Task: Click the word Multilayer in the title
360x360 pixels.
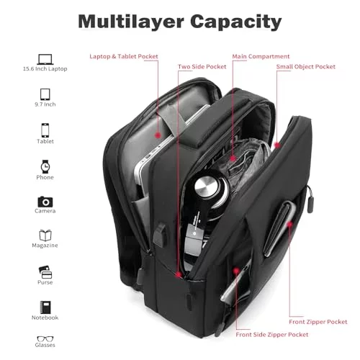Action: pos(131,22)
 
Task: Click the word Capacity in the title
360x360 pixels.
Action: pos(236,22)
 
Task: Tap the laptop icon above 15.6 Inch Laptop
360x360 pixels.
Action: pos(45,59)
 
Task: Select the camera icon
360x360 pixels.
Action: pos(45,202)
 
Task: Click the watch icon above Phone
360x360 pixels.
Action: pos(45,166)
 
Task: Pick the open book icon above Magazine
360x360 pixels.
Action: pos(45,235)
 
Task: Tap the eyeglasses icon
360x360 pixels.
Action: pos(45,339)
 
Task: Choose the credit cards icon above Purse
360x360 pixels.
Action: pos(45,272)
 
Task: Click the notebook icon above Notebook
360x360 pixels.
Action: pos(45,307)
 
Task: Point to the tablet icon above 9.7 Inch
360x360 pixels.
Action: pos(45,94)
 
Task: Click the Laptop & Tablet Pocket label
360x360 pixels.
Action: pos(124,57)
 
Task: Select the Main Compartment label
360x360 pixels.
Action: pos(261,57)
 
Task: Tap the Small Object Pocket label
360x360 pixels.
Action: pos(305,67)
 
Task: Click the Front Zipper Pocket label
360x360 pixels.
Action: pos(318,322)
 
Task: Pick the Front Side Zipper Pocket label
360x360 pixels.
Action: pos(272,335)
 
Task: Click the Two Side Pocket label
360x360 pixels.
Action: pos(202,67)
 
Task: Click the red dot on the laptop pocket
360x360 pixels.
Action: pos(158,135)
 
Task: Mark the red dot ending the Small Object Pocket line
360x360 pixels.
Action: pos(277,145)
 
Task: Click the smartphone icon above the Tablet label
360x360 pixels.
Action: pos(45,130)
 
